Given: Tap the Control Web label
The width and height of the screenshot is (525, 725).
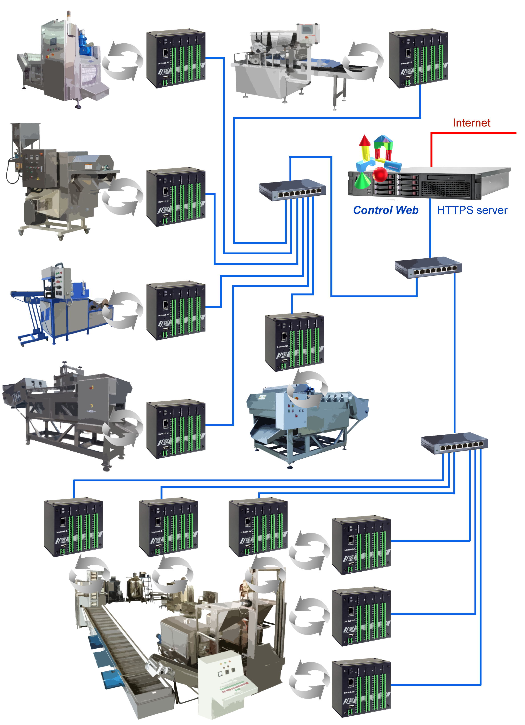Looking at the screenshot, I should pos(386,210).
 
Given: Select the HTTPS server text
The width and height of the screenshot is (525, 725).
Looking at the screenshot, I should pos(472,210).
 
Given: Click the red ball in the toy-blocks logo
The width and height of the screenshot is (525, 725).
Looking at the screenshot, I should pos(380,174).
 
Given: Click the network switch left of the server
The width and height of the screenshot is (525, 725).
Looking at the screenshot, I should pos(292,191).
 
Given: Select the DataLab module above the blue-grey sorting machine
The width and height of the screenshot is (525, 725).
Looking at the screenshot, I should pos(294,342).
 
